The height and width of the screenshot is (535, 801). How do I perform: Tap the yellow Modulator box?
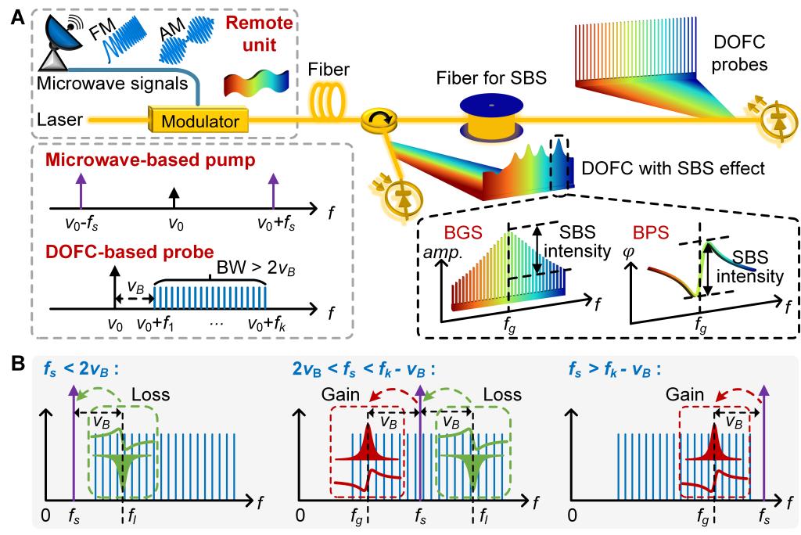199,120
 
